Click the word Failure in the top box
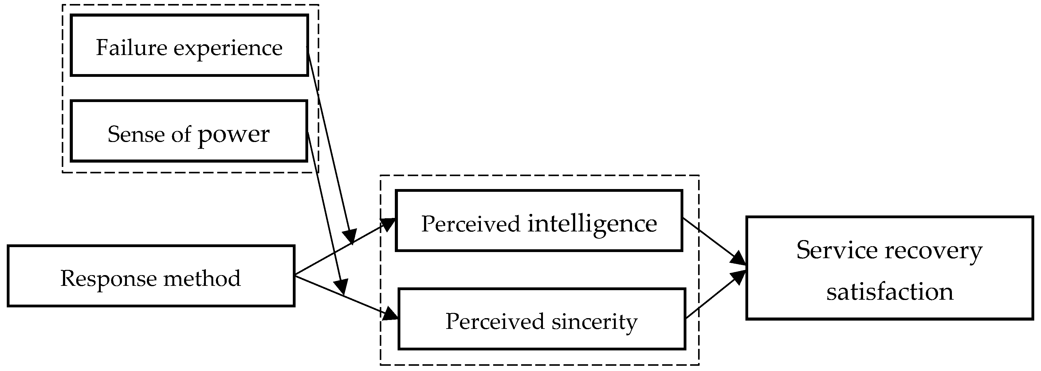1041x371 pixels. click(131, 48)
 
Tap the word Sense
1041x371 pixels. click(136, 134)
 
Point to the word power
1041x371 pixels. click(234, 135)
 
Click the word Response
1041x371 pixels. click(108, 279)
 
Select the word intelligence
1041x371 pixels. click(592, 224)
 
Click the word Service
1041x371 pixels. click(836, 251)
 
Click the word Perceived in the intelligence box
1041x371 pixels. click(470, 224)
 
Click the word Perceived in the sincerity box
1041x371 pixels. click(495, 322)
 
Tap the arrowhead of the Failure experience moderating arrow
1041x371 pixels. click(350, 236)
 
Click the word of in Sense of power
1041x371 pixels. click(181, 134)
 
